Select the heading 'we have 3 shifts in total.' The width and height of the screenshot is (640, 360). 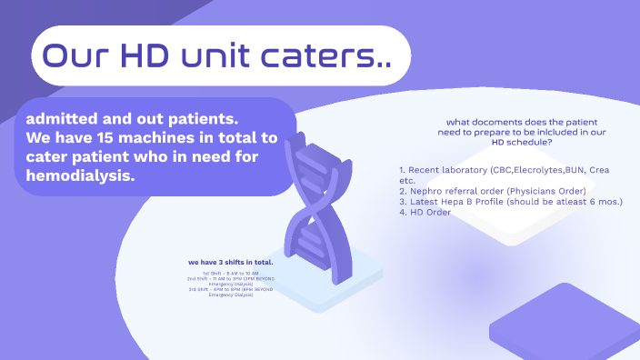click(x=231, y=263)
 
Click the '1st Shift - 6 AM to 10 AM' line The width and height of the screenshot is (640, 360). click(x=231, y=273)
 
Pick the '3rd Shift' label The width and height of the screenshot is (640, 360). click(x=198, y=289)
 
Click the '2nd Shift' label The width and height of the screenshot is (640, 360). click(x=197, y=278)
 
